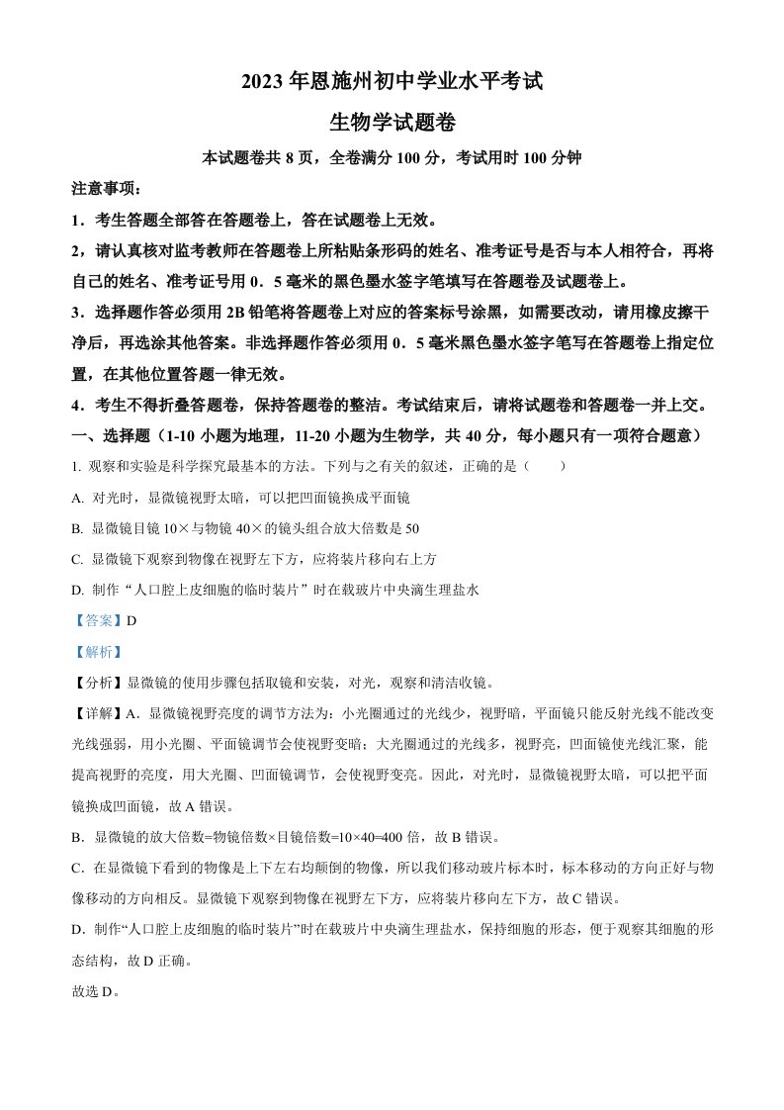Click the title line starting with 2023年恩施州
coord(392,82)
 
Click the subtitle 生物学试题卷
coord(392,122)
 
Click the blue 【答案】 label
coord(96,620)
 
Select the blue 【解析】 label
coord(96,651)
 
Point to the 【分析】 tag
coord(96,683)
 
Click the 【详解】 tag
coord(96,713)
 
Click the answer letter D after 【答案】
coord(129,620)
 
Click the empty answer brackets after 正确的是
coord(547,466)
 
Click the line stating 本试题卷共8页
coord(392,157)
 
